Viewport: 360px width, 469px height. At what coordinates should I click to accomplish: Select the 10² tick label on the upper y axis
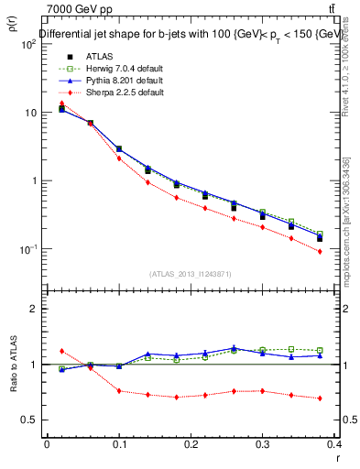point(29,44)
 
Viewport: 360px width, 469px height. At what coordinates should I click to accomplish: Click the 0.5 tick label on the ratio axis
point(29,420)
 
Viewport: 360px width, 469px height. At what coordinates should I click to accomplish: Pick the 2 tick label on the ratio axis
point(35,309)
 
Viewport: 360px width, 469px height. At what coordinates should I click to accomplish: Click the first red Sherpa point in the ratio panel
point(61,351)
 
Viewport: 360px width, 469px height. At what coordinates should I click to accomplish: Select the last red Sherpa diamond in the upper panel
point(320,251)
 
